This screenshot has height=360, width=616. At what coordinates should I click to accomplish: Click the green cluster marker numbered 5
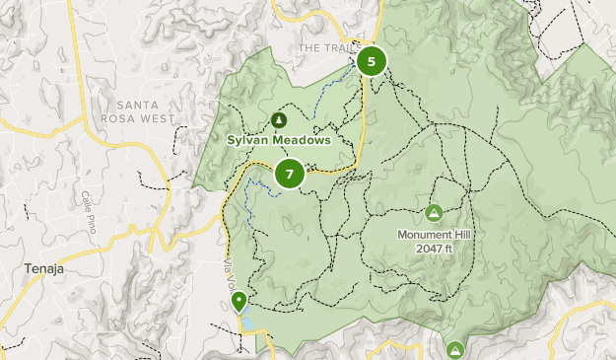(372, 62)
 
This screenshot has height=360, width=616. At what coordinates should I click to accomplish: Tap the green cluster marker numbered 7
(289, 175)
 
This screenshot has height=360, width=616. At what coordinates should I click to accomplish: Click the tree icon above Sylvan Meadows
(279, 120)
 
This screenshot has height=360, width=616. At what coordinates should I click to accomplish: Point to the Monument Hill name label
(434, 235)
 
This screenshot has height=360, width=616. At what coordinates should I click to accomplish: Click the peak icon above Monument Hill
(434, 212)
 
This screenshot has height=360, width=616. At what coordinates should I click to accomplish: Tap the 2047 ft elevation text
(434, 249)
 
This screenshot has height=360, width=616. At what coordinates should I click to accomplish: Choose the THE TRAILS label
(324, 48)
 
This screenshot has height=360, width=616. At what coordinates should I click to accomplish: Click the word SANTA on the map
(138, 106)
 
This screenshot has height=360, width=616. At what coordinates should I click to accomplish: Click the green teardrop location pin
(239, 300)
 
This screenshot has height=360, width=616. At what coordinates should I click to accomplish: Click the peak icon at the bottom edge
(454, 350)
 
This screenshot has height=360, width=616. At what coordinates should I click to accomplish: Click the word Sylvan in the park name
(249, 140)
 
